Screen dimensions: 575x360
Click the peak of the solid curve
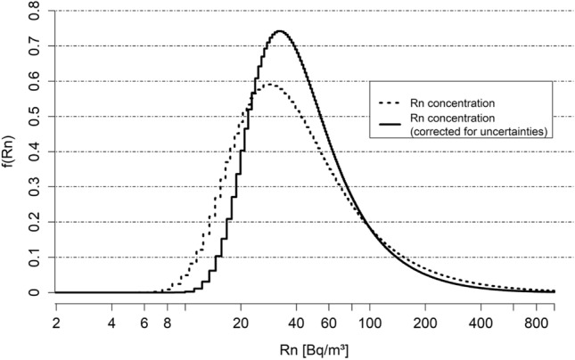pos(280,31)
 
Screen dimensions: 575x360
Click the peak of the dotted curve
pos(269,85)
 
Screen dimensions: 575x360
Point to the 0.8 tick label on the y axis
pos(34,11)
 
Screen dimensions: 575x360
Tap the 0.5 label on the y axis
pos(34,117)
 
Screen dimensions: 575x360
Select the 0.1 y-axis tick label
pos(34,258)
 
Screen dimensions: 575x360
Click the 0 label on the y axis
pos(34,292)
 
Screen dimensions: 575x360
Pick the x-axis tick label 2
pos(56,323)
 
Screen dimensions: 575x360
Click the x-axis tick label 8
pos(168,323)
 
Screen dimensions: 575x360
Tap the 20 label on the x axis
pos(241,323)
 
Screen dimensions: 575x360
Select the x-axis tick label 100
pos(369,323)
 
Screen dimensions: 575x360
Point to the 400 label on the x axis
pos(481,323)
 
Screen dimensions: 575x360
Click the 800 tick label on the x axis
pos(537,323)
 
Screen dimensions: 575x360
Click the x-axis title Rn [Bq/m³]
pos(314,350)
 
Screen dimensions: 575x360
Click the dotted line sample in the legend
pos(390,103)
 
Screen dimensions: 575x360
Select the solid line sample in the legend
pos(390,125)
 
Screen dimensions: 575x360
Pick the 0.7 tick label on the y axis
pos(34,46)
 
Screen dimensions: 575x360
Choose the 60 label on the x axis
pos(329,323)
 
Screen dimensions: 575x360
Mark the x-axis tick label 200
pos(425,323)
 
